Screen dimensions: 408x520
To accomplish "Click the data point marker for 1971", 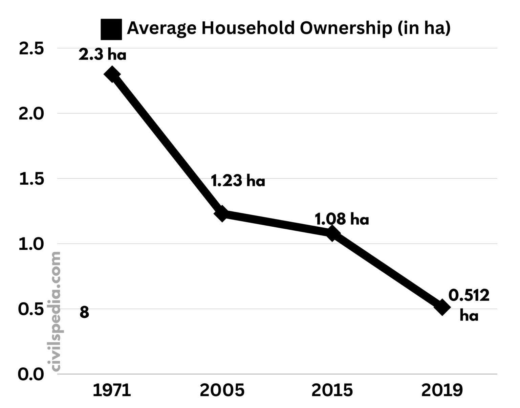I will point(112,74).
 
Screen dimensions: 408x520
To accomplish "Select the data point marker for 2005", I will point(222,213).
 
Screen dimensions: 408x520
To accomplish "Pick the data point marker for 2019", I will point(442,307).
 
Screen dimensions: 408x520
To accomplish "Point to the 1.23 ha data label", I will point(238,181).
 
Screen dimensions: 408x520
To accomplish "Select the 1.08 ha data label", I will point(342,219).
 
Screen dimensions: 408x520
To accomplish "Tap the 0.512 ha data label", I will point(469,305).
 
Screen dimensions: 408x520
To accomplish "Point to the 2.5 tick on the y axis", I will point(31,49).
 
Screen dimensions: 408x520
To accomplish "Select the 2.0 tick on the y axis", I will point(31,114).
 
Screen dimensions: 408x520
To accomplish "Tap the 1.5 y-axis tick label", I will point(31,179).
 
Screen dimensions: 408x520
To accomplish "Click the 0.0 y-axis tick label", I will point(31,375).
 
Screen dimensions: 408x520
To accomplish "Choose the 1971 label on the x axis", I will point(112,390).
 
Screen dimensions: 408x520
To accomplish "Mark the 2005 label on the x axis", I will point(222,390).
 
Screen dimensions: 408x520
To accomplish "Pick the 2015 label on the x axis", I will point(332,390).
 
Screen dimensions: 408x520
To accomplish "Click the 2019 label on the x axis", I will point(442,390).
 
